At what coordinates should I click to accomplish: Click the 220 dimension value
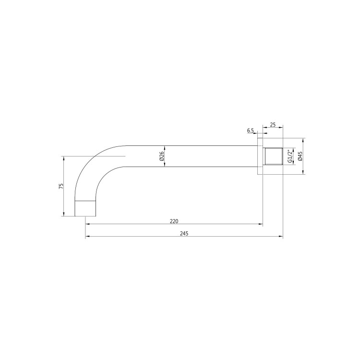point(174,221)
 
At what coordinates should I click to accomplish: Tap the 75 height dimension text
point(61,186)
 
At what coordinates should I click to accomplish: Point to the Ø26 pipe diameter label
point(161,156)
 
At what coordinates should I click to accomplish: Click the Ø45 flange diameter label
point(300,156)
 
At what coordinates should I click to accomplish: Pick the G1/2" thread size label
point(290,156)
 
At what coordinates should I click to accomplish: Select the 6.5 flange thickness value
point(250,131)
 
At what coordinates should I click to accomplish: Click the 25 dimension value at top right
point(273,125)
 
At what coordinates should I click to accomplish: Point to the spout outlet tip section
point(86,208)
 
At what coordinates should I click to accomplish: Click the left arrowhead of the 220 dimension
point(87,224)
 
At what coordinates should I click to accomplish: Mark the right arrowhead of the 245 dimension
point(281,237)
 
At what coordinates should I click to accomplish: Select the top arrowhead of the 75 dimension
point(63,158)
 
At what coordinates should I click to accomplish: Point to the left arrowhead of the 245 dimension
point(87,237)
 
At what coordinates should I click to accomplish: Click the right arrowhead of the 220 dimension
point(261,224)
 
